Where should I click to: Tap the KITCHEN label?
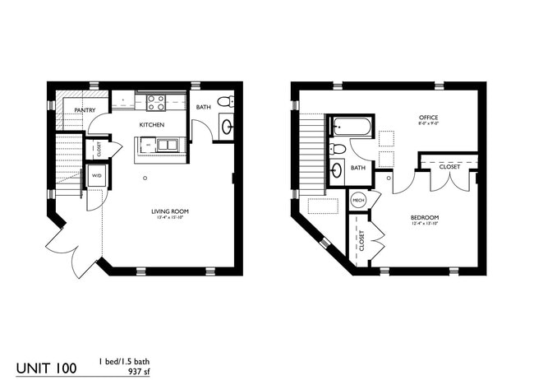coord(151,125)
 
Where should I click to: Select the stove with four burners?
coord(156,103)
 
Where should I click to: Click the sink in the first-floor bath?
coord(228,127)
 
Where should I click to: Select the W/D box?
coord(96,176)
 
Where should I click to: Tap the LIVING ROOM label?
coord(170,211)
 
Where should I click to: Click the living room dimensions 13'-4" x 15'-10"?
coord(170,219)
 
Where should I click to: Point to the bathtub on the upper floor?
coord(352,127)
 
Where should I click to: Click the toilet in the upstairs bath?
coord(338,149)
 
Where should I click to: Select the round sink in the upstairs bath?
coord(338,171)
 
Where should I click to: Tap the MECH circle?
coord(358,200)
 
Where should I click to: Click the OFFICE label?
coord(429,117)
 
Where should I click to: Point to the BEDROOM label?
coord(426,218)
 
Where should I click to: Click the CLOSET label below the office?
coord(449,166)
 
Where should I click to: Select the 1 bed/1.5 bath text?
coord(124,361)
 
